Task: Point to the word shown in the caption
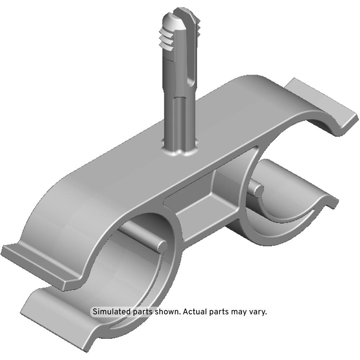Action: pyautogui.click(x=167, y=312)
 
